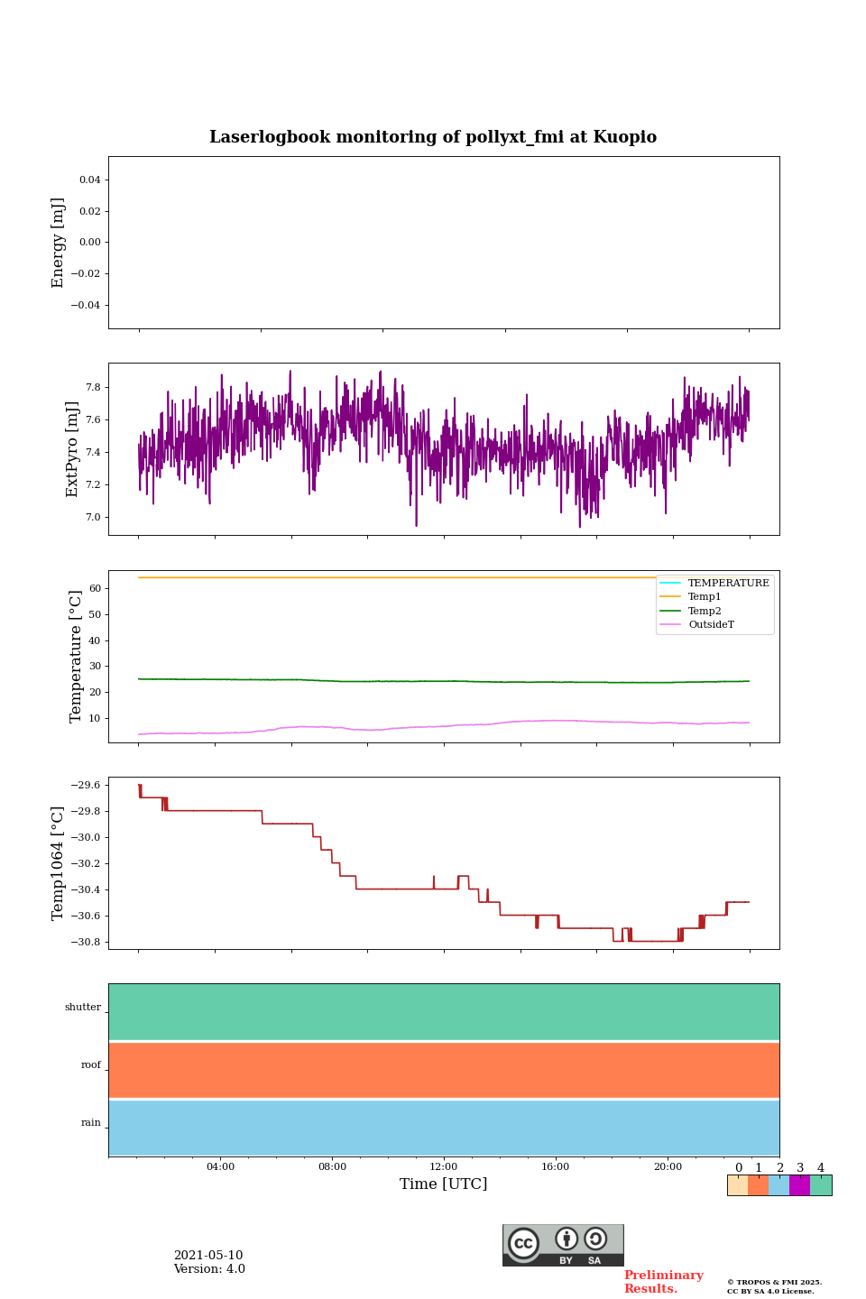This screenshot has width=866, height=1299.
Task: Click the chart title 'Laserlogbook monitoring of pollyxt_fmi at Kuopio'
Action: tap(433, 137)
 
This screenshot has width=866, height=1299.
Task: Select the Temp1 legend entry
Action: tap(705, 597)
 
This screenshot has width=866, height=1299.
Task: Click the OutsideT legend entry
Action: tap(711, 624)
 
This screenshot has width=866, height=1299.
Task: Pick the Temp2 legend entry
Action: tap(705, 611)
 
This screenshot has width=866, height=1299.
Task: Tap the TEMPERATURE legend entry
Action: tap(728, 583)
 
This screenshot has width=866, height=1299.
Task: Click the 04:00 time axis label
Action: tap(220, 1166)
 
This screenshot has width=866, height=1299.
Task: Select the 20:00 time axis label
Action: tap(668, 1166)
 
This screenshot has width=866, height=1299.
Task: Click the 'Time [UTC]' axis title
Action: tap(444, 1184)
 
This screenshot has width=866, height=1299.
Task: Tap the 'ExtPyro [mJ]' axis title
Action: tap(72, 449)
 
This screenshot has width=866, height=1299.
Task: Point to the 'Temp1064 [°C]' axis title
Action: tap(59, 863)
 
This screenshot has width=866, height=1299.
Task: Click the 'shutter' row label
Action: tap(83, 1008)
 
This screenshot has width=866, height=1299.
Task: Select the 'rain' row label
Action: tap(91, 1123)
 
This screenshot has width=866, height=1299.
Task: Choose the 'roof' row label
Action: tap(91, 1065)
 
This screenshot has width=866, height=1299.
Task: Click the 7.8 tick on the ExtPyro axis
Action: tap(93, 387)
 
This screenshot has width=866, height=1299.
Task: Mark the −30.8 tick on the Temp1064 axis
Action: tap(87, 942)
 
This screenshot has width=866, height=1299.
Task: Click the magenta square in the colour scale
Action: tap(799, 1185)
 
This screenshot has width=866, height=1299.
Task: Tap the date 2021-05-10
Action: tap(208, 1256)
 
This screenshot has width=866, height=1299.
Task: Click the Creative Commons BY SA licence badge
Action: tap(563, 1245)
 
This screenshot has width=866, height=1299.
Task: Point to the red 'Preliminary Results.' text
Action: tap(663, 1282)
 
